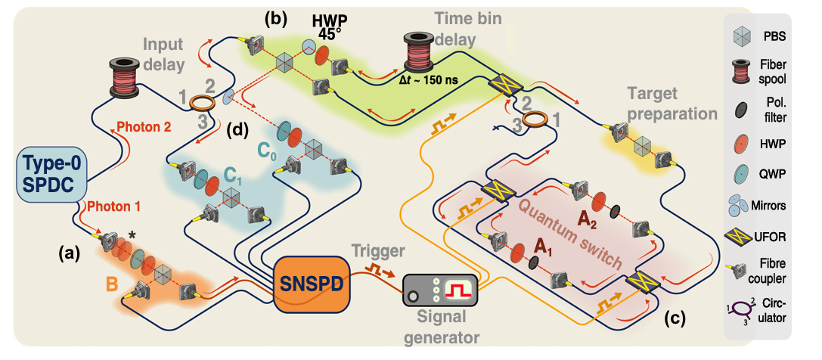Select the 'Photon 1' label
(113, 204)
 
